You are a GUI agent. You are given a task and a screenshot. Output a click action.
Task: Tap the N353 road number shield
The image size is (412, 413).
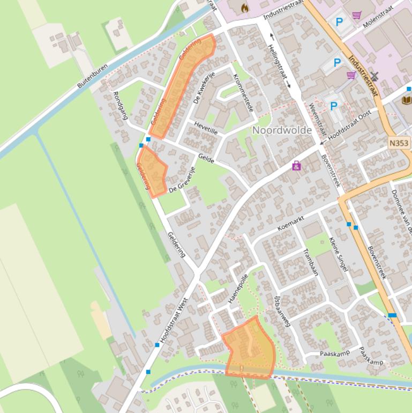pyautogui.click(x=399, y=144)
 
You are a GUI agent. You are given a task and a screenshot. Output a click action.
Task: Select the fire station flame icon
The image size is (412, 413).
pyautogui.click(x=245, y=8)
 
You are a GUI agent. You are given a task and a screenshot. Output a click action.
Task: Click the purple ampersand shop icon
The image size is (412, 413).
pyautogui.click(x=296, y=166)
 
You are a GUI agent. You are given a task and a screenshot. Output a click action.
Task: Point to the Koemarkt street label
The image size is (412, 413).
pyautogui.click(x=291, y=224)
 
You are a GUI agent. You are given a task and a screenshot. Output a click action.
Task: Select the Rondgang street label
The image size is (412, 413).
pyautogui.click(x=121, y=105)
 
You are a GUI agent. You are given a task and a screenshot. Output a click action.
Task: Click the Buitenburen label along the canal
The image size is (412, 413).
pyautogui.click(x=92, y=76)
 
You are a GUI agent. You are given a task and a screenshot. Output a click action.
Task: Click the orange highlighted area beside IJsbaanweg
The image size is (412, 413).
pyautogui.click(x=249, y=349)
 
